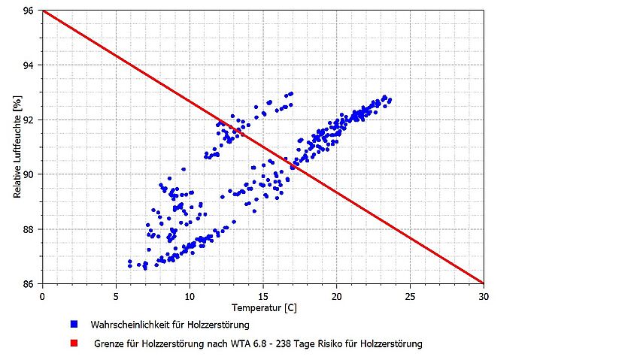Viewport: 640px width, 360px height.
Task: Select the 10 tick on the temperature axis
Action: (x=190, y=295)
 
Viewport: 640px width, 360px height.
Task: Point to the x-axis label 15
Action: (x=263, y=295)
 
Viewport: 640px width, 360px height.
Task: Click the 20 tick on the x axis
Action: (x=337, y=295)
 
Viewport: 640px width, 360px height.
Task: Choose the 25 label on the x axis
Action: (x=410, y=295)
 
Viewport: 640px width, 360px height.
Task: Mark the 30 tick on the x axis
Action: (x=484, y=295)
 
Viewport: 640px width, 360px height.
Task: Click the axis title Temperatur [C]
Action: (x=262, y=307)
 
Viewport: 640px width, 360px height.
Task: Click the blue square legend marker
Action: (x=74, y=324)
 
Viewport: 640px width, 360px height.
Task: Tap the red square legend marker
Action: (x=74, y=343)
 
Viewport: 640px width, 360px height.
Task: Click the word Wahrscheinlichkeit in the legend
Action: (x=125, y=325)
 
